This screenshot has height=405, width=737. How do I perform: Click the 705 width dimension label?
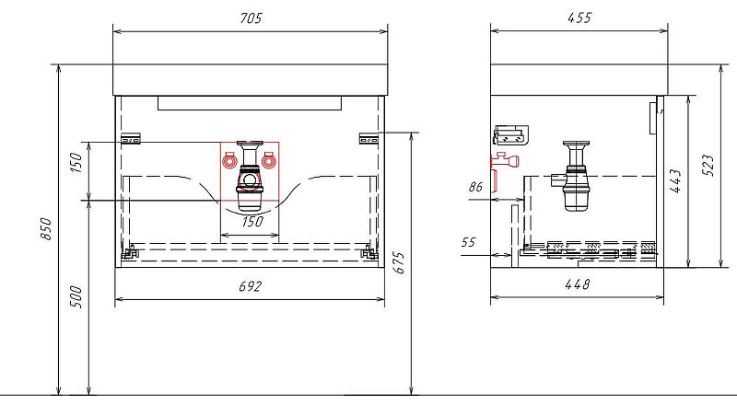tap(251, 17)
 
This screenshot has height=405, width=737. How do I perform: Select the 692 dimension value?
tap(250, 286)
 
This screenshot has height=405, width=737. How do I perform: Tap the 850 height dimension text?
tap(46, 229)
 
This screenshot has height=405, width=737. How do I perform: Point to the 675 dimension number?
tap(398, 262)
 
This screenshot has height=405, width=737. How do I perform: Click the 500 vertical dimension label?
tap(76, 296)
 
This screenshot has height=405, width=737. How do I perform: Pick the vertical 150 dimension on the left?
tap(76, 162)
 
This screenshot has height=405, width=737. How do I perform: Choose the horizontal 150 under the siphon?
tap(252, 221)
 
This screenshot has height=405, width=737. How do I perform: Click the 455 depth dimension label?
tap(579, 17)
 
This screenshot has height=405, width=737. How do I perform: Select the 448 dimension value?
tap(578, 284)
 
